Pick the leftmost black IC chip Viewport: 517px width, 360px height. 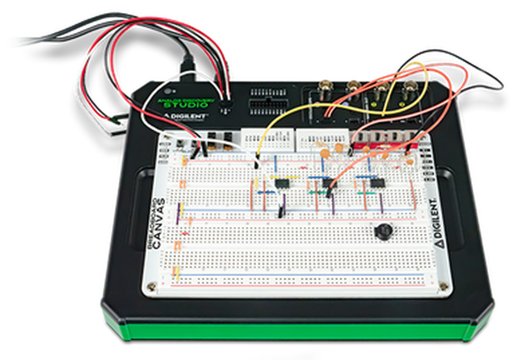pyautogui.click(x=284, y=183)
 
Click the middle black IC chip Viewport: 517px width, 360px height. pyautogui.click(x=328, y=184)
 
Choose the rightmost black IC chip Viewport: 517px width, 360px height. pyautogui.click(x=376, y=183)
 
